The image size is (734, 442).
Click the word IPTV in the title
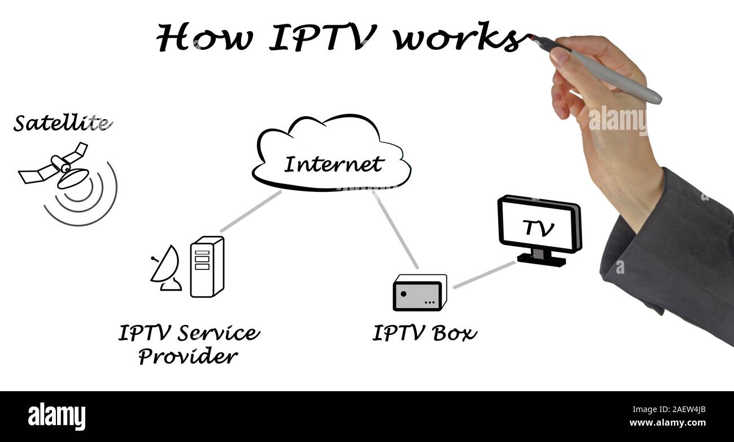pos(322,38)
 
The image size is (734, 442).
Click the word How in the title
pos(206,38)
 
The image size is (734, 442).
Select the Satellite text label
pos(61,123)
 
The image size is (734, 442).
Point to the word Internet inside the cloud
pos(333,164)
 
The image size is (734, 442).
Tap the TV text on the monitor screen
pos(538,228)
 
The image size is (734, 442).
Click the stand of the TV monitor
pos(541,258)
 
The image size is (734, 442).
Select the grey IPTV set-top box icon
pos(418,294)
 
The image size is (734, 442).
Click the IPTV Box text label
pos(424,333)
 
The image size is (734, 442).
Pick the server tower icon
pos(207,266)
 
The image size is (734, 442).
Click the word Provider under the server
pos(188,357)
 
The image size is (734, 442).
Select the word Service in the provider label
pos(219,333)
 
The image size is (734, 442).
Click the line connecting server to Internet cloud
pos(251,211)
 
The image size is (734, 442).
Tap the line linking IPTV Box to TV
pos(484,274)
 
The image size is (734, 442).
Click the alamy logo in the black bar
pos(57,416)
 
